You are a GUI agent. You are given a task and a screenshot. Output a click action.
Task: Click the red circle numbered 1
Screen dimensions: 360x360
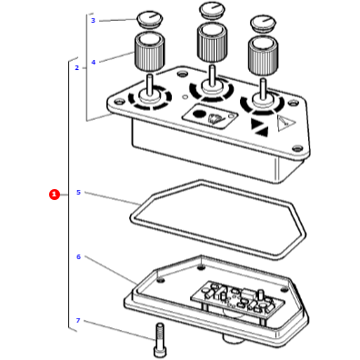55,195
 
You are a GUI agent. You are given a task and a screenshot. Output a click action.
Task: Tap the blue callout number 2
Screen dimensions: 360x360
76,68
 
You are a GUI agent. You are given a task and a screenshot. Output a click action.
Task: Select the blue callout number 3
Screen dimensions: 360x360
93,21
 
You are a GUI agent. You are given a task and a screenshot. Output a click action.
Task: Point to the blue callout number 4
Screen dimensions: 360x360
94,62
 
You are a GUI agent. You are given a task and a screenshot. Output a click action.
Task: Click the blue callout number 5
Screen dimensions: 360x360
78,193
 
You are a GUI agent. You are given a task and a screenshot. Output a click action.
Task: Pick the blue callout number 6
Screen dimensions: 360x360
78,257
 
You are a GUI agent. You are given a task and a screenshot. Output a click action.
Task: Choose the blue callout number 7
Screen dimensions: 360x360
78,321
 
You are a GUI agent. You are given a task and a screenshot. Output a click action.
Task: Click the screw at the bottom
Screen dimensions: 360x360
160,339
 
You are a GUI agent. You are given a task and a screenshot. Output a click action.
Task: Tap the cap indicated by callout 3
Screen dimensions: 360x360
149,19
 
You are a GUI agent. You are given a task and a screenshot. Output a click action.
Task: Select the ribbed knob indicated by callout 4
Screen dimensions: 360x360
149,51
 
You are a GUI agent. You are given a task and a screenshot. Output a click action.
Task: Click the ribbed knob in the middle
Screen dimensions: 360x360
212,43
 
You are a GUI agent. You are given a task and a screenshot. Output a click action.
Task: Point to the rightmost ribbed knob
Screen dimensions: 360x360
263,56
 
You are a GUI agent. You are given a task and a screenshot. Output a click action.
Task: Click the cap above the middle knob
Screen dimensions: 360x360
212,10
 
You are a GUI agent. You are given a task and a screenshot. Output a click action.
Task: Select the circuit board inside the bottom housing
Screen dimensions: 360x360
238,298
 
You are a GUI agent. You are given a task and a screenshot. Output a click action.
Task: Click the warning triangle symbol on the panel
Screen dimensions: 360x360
285,124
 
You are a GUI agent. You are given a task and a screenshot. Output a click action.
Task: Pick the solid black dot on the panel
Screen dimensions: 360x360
198,114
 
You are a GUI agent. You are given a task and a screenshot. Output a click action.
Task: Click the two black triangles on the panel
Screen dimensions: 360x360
259,127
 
